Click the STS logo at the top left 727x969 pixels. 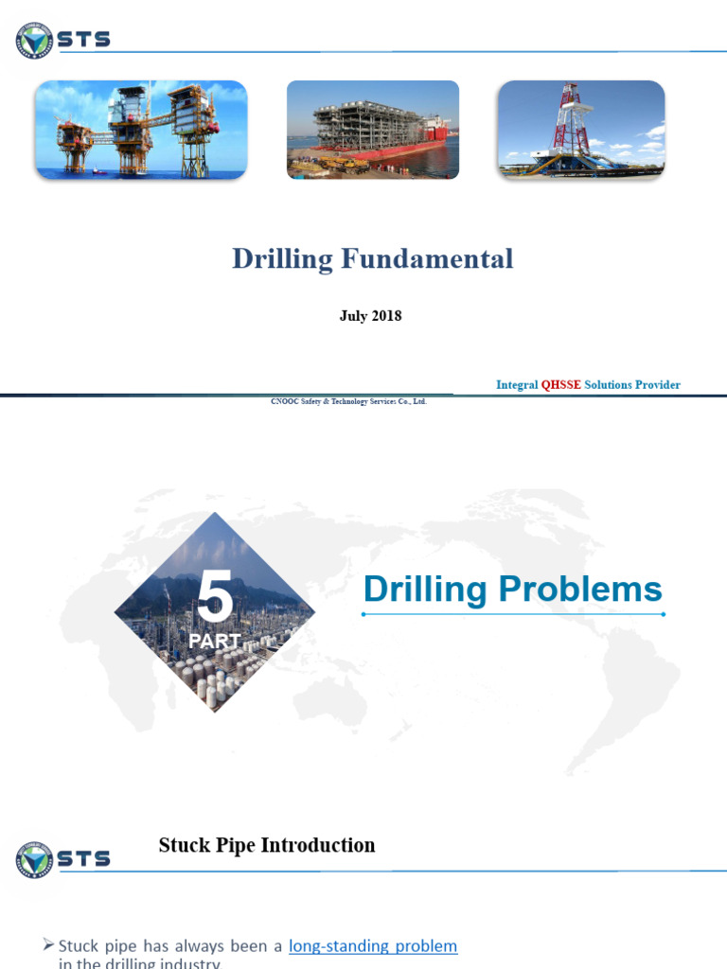click(62, 40)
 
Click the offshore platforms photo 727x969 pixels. click(141, 130)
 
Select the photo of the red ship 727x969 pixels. click(373, 130)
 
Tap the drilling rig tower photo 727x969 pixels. click(581, 130)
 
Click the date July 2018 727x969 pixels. click(370, 316)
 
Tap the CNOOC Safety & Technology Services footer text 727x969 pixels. click(349, 402)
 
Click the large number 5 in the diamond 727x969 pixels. click(215, 596)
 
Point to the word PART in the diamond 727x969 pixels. click(214, 641)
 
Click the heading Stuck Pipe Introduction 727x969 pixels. click(267, 845)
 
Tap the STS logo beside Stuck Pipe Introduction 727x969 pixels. click(62, 859)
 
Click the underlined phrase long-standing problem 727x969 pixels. click(373, 946)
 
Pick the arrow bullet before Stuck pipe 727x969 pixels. click(49, 945)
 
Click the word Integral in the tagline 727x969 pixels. click(516, 385)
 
